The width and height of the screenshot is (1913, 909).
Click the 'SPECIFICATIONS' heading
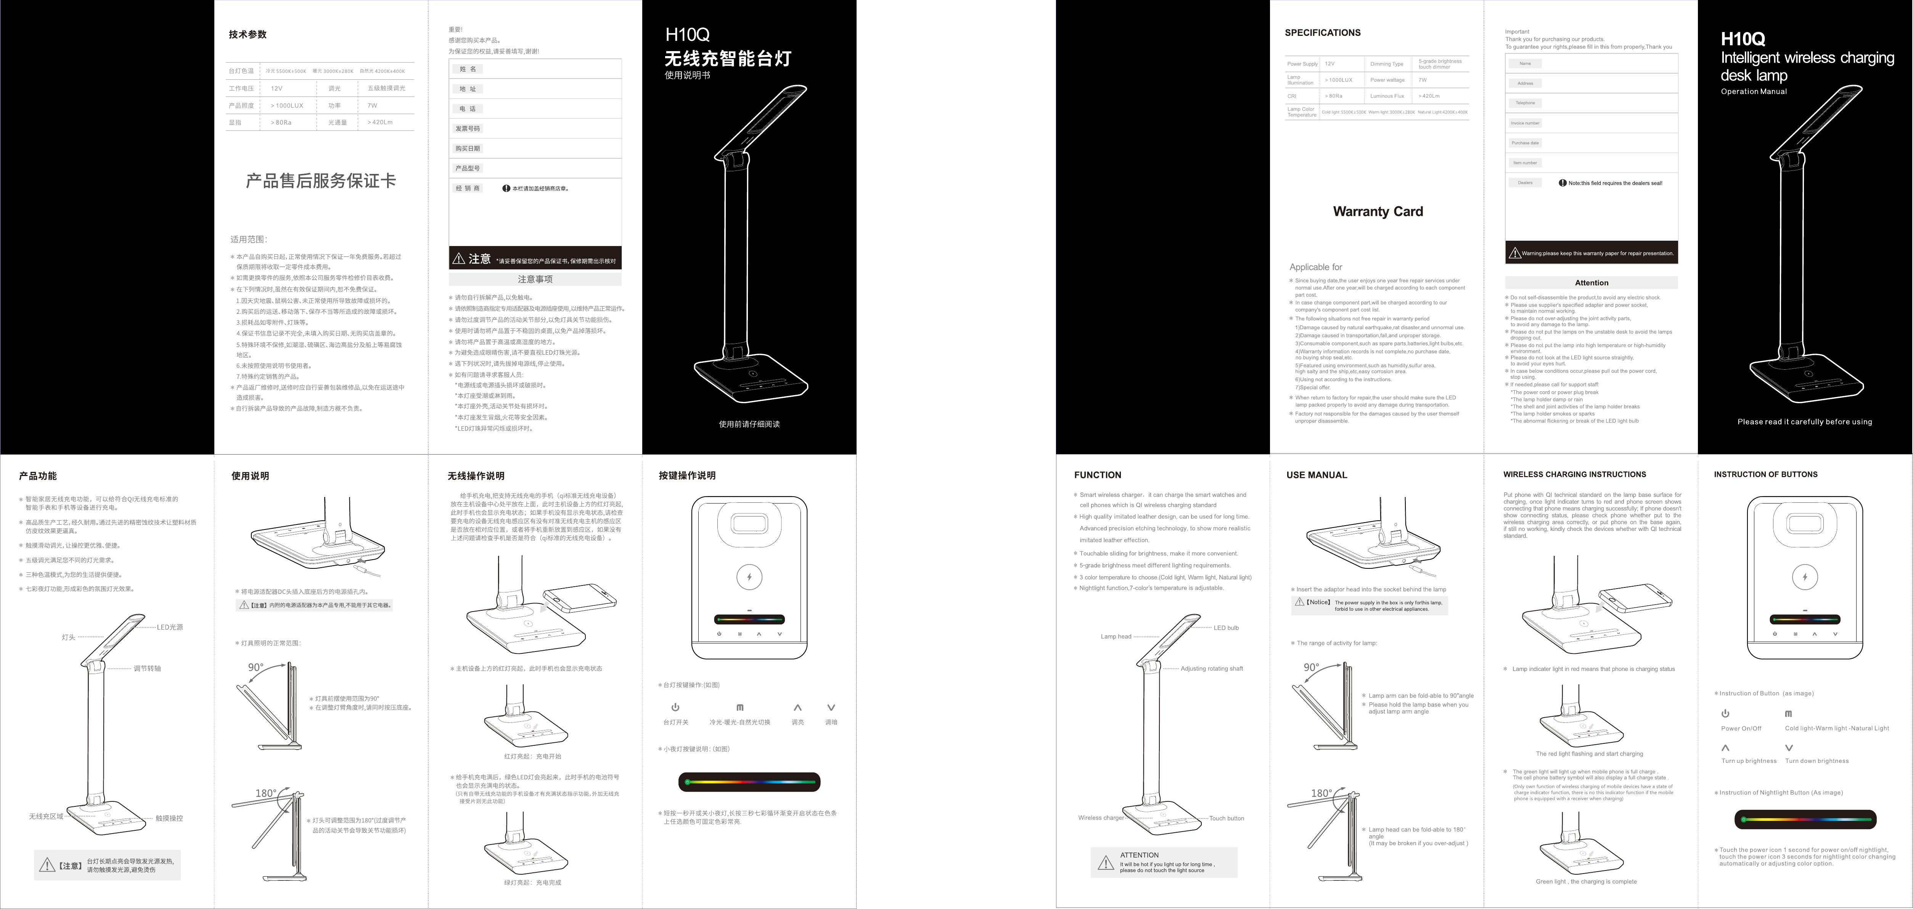point(1323,33)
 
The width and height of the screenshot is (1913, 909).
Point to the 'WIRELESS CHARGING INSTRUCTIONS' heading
point(1574,475)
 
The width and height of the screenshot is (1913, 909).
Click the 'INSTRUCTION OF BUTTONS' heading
point(1765,475)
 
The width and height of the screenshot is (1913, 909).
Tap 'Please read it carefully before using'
point(1805,422)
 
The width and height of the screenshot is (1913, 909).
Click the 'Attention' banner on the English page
point(1591,283)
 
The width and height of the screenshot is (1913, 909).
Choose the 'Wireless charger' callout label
point(1101,818)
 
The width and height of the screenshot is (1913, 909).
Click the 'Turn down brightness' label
point(1817,761)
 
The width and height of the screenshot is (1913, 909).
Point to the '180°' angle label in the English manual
point(1321,793)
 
